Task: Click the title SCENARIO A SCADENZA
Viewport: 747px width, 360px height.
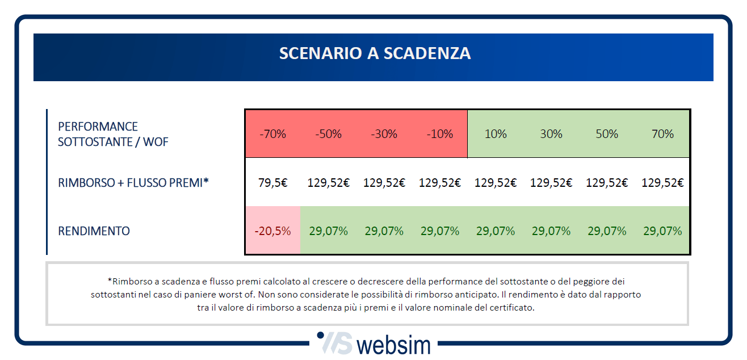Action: click(375, 53)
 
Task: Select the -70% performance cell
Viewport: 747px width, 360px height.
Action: click(272, 134)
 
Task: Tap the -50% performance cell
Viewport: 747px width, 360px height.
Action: click(328, 134)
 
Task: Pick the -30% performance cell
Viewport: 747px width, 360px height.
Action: click(384, 134)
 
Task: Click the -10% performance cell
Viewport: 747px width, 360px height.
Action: click(439, 134)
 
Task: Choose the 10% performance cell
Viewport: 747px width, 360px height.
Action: click(496, 134)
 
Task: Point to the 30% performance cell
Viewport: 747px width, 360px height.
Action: click(551, 134)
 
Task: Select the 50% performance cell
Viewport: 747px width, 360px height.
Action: click(607, 134)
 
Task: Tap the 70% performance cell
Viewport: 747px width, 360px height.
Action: click(662, 134)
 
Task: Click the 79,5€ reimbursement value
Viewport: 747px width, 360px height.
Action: click(272, 183)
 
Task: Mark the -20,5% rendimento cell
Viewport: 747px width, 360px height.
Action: click(272, 231)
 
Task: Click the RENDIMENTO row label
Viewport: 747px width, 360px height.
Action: click(94, 231)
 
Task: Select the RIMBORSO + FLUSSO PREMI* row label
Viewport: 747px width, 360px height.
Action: click(133, 183)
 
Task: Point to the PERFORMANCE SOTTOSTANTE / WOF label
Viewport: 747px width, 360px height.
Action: click(113, 134)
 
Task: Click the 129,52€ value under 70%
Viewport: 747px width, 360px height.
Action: click(662, 183)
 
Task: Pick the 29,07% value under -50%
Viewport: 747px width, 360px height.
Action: click(328, 231)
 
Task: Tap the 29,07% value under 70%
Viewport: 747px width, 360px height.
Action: click(662, 231)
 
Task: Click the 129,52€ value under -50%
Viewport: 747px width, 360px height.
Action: click(328, 183)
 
